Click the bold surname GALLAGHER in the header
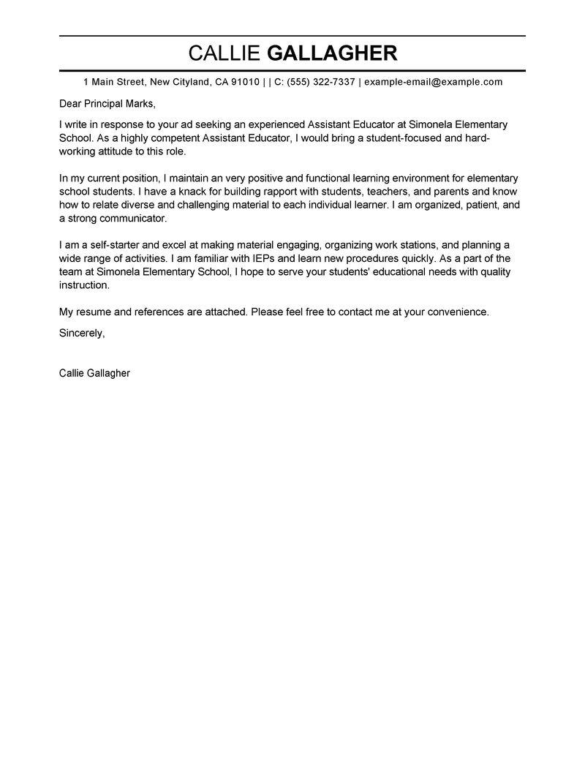pyautogui.click(x=333, y=53)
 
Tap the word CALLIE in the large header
pyautogui.click(x=224, y=53)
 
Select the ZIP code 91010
pyautogui.click(x=245, y=82)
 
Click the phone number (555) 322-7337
pyautogui.click(x=321, y=82)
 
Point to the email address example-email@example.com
pyautogui.click(x=433, y=82)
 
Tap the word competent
pyautogui.click(x=175, y=138)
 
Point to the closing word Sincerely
pyautogui.click(x=82, y=333)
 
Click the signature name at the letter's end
pyautogui.click(x=94, y=373)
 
